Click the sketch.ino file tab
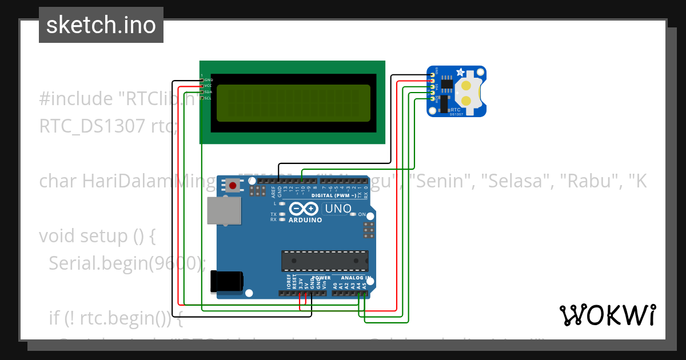101,25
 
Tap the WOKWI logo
607,315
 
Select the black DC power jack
227,282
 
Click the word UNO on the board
337,209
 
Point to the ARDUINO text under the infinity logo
305,220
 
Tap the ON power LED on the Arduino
354,214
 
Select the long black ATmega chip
324,260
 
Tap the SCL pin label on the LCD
208,98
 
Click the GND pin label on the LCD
208,80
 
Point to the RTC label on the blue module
456,109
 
